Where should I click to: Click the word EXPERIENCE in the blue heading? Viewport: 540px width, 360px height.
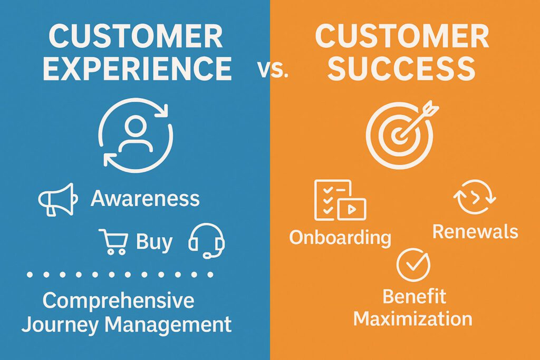(x=137, y=69)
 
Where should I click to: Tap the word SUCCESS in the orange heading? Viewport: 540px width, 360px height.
(x=401, y=69)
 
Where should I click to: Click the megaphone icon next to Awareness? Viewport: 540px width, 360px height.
(x=58, y=200)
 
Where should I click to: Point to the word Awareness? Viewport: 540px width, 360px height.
(x=145, y=198)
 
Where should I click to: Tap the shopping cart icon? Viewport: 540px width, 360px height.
(x=113, y=241)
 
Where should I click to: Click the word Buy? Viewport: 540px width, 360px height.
(x=154, y=242)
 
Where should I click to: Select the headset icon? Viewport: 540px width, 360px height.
(x=207, y=240)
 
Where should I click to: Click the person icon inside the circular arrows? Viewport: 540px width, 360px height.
(x=136, y=134)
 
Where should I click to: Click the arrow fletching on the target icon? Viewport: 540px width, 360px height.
(x=430, y=108)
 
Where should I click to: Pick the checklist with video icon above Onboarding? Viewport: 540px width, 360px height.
(x=340, y=200)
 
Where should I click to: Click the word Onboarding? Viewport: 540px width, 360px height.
(x=340, y=238)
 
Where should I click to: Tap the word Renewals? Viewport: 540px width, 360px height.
(x=475, y=231)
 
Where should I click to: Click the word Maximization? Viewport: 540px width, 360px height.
(x=412, y=318)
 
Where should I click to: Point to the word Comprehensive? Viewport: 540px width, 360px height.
(x=118, y=301)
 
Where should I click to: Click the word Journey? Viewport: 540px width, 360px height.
(x=60, y=325)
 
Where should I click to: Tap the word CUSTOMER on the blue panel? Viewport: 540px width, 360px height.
(x=136, y=36)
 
